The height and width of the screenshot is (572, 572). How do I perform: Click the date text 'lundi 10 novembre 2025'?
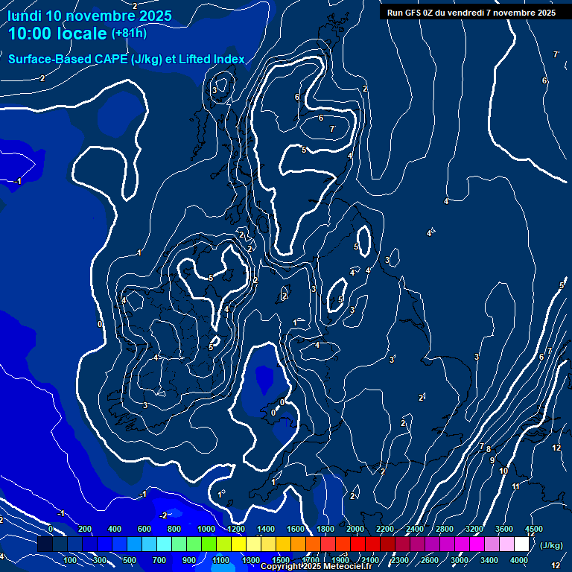(x=90, y=16)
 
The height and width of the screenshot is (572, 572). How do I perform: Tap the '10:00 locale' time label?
(x=57, y=34)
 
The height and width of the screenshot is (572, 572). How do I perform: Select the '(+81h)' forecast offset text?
(x=130, y=34)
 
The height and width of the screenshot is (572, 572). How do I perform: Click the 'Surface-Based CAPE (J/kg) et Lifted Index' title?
(x=127, y=59)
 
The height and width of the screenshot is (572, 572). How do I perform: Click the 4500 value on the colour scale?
(x=534, y=529)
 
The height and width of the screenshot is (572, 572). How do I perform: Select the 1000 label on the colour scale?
(x=206, y=529)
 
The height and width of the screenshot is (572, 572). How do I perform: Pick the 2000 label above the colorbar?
(x=355, y=529)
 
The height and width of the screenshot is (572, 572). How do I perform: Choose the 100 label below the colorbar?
(x=71, y=560)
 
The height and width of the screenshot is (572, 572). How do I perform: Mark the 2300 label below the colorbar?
(x=400, y=560)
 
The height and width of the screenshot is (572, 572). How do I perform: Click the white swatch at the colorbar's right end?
(x=521, y=544)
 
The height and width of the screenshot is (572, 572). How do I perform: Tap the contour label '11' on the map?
(x=516, y=486)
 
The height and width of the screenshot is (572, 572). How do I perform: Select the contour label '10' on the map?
(x=503, y=471)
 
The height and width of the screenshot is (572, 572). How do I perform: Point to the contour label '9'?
(x=492, y=460)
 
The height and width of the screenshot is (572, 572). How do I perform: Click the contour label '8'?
(x=489, y=449)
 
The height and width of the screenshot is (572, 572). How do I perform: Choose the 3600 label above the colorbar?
(x=504, y=529)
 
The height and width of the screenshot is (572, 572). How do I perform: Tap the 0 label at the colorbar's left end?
(x=51, y=529)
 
